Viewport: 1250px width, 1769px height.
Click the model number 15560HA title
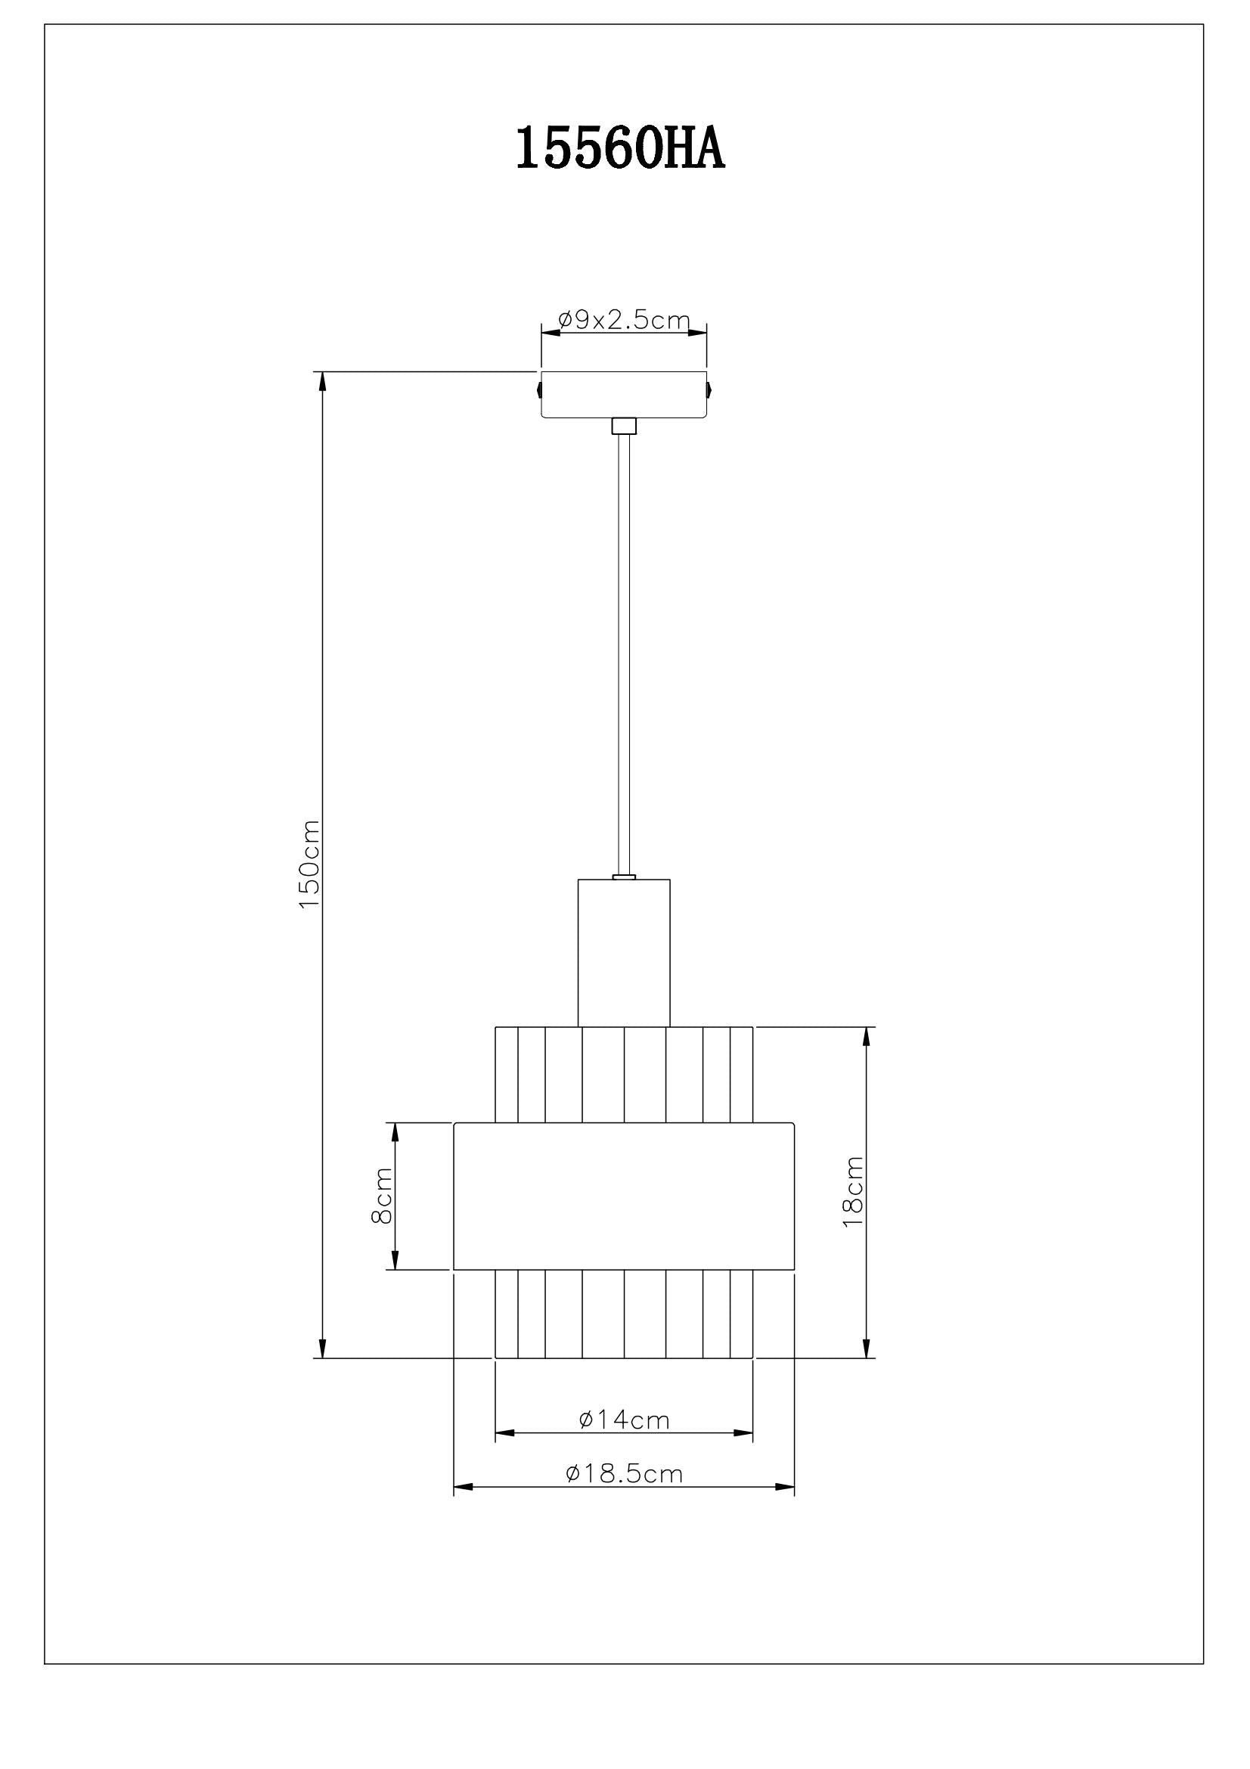[x=620, y=149]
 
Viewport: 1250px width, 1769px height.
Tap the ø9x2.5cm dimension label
[x=623, y=320]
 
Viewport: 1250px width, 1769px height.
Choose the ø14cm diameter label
[x=624, y=1419]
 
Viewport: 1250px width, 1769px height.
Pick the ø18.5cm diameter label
[x=624, y=1473]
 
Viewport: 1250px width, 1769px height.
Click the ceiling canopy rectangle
[x=624, y=395]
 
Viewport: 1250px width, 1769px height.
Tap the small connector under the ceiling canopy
[x=624, y=426]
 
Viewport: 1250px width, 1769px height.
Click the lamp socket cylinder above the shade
[x=624, y=953]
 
